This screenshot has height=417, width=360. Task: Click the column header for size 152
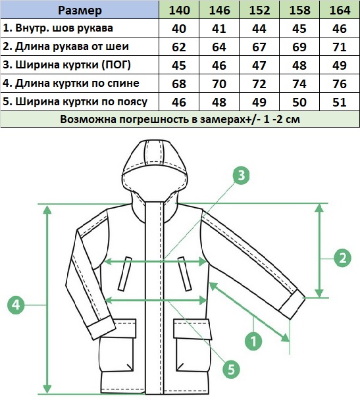pyautogui.click(x=259, y=10)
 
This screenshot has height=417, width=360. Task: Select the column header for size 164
pyautogui.click(x=340, y=10)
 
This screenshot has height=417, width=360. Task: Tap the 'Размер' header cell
pyautogui.click(x=80, y=10)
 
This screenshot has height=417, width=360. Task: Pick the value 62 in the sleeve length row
pyautogui.click(x=179, y=47)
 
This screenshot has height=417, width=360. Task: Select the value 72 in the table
pyautogui.click(x=259, y=84)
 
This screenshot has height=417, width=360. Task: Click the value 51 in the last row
pyautogui.click(x=340, y=102)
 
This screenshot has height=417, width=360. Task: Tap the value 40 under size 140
pyautogui.click(x=179, y=28)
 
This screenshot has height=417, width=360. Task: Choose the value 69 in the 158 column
pyautogui.click(x=299, y=47)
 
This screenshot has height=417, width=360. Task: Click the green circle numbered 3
pyautogui.click(x=241, y=176)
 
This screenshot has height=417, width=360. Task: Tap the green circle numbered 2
pyautogui.click(x=342, y=258)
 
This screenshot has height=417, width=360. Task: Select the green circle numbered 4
pyautogui.click(x=16, y=305)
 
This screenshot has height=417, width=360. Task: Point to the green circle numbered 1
pyautogui.click(x=253, y=341)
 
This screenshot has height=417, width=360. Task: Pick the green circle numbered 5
pyautogui.click(x=231, y=370)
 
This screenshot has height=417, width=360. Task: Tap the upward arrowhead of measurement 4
pyautogui.click(x=47, y=210)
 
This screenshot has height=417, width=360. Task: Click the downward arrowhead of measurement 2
pyautogui.click(x=319, y=293)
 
